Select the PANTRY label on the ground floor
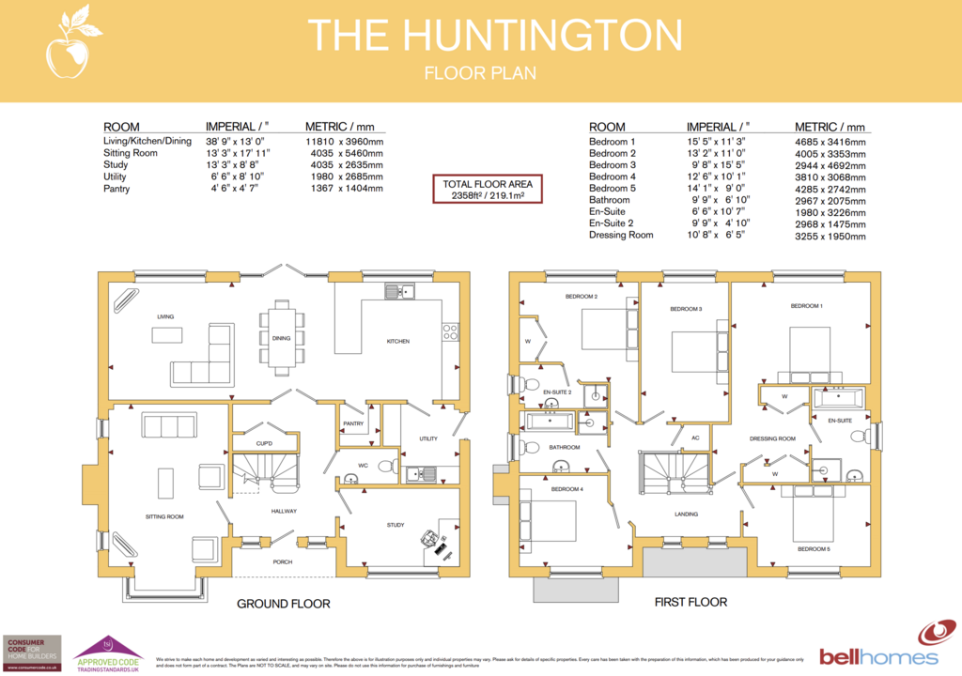353,423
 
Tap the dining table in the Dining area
283,336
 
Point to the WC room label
363,464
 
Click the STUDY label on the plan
396,525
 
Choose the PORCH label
283,561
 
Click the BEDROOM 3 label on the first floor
686,308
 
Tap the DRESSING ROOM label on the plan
772,438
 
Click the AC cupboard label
695,438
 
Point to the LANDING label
686,515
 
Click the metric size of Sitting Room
344,152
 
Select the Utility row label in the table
115,177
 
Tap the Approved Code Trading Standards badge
108,650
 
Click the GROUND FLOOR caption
283,604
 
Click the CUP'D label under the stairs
264,443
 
